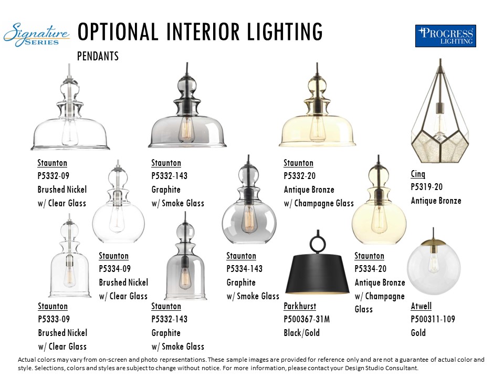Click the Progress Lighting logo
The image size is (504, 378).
pos(446,36)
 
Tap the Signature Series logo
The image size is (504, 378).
pos(36,35)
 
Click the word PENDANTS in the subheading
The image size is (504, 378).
pos(98,56)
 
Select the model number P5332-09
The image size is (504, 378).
pos(54,176)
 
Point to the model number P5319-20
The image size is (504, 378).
pos(426,187)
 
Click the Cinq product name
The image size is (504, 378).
pos(418,174)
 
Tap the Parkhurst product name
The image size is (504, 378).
pos(300,306)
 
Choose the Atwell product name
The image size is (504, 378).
pos(421,306)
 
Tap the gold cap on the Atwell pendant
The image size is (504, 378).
pos(433,242)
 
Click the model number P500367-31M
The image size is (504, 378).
pos(307,319)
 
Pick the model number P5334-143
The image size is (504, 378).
pos(244,269)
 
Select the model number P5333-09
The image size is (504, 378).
pos(54,319)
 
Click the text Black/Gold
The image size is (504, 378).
pos(301,333)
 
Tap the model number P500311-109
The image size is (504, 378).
pos(433,319)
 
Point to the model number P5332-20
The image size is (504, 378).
pos(300,176)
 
